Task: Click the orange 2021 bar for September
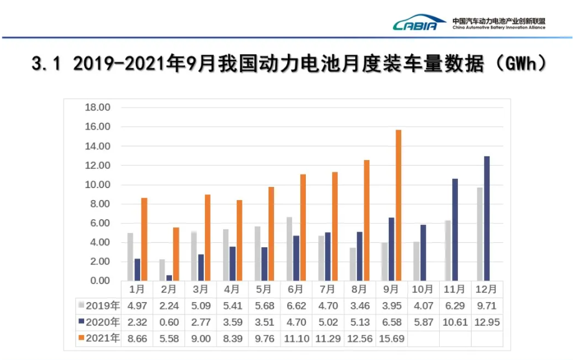398,205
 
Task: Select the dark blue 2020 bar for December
487,218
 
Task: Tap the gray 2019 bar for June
289,249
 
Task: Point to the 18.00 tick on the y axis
97,107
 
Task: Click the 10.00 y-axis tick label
97,185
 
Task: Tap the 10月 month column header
423,290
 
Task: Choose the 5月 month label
264,290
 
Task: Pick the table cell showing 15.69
391,338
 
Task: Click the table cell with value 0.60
169,322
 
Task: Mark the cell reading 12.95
487,322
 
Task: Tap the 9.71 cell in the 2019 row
487,305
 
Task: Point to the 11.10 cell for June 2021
296,338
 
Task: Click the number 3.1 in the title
47,64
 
